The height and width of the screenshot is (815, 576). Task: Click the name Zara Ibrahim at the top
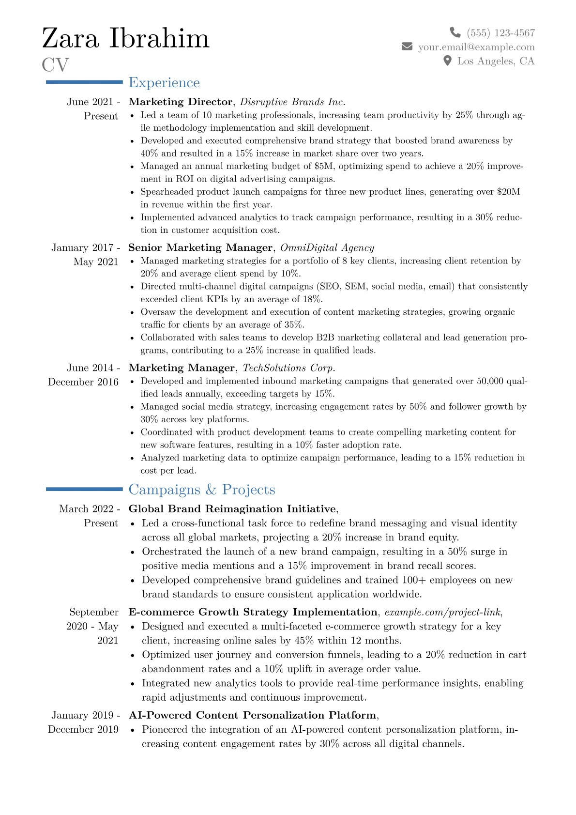click(x=126, y=39)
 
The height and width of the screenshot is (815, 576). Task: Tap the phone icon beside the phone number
click(x=455, y=32)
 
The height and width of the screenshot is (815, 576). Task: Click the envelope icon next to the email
click(x=407, y=46)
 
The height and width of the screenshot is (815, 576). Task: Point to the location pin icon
click(x=448, y=61)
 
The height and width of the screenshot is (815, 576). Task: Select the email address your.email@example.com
click(x=476, y=47)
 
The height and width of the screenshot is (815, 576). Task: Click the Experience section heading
click(x=164, y=83)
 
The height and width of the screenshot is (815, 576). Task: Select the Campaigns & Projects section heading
click(x=201, y=490)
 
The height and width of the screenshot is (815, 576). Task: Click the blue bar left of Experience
click(x=84, y=82)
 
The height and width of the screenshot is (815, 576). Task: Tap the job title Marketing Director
click(x=180, y=102)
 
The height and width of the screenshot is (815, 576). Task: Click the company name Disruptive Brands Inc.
click(x=292, y=102)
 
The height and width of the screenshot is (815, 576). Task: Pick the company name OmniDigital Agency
click(x=327, y=247)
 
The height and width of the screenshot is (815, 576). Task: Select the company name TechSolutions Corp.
click(x=289, y=368)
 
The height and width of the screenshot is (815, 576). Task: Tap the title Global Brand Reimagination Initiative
click(x=232, y=509)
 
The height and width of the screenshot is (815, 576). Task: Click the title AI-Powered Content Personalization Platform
click(x=252, y=715)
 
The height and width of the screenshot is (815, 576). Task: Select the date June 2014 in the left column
click(x=90, y=368)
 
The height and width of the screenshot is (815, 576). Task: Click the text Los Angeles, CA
click(x=496, y=61)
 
